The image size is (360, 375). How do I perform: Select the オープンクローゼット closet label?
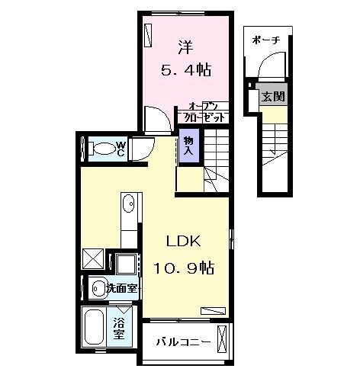point(203,112)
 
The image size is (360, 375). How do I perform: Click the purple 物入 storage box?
point(188,145)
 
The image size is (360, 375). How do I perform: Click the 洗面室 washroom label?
point(121,289)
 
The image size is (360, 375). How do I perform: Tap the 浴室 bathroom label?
point(120,327)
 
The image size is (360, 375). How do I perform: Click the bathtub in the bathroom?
point(94,328)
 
